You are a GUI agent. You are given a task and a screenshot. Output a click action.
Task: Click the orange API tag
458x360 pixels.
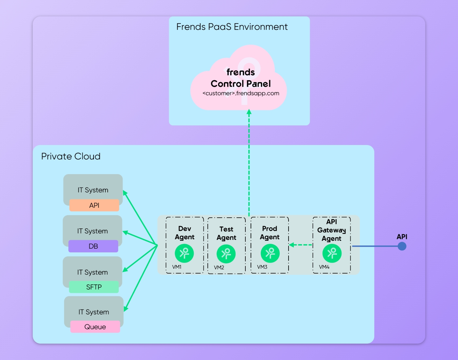[94, 205]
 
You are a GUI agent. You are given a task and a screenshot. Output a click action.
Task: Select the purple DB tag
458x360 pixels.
[93, 246]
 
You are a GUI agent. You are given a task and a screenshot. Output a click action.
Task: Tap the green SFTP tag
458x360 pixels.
[94, 287]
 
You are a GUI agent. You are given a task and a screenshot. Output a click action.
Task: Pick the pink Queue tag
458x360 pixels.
[95, 327]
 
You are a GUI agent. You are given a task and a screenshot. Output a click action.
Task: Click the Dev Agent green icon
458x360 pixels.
[184, 253]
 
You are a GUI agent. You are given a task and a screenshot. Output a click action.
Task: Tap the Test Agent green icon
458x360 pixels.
[226, 254]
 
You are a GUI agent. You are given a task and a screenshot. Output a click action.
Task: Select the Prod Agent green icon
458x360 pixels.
[270, 253]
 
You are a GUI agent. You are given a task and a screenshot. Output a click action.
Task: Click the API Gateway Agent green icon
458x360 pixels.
[332, 253]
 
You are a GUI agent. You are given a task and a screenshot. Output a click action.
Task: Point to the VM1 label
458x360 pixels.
[177, 267]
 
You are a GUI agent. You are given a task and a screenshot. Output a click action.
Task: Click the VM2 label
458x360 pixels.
[219, 268]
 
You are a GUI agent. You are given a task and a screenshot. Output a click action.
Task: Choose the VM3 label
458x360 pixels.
[262, 267]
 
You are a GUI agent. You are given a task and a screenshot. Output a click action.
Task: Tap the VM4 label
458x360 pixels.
[324, 267]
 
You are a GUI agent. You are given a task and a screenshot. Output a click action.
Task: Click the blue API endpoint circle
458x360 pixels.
[402, 246]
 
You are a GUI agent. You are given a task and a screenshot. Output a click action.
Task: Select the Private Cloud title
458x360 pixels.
[71, 156]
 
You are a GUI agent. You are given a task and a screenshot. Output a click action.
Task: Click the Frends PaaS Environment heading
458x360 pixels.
[232, 27]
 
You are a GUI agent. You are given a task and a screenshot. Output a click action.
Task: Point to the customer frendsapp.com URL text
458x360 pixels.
[241, 93]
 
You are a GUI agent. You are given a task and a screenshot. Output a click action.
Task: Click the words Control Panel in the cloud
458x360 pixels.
[241, 84]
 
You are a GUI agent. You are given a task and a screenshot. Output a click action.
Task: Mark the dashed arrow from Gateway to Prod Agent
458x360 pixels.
[301, 245]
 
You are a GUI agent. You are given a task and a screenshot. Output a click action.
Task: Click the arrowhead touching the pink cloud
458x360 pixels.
[249, 112]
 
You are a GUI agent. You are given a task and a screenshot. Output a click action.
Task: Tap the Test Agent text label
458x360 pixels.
[226, 233]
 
